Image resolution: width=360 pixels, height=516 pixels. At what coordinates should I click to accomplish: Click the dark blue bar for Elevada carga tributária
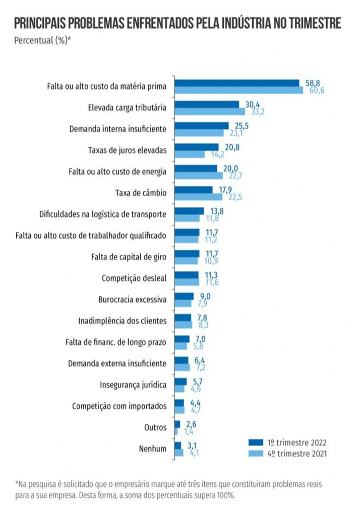coord(206,104)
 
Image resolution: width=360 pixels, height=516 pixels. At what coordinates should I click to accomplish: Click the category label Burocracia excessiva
coord(132,299)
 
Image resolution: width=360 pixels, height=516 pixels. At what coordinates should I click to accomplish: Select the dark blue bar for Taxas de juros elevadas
coord(196,147)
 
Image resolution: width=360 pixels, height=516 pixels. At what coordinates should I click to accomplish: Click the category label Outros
coord(155,427)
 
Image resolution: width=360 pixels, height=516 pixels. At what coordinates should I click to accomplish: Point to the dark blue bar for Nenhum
coord(177,445)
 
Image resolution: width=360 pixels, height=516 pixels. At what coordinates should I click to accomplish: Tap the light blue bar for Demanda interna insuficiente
coord(199,133)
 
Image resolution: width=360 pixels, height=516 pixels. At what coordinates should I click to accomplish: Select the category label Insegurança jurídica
coord(133,385)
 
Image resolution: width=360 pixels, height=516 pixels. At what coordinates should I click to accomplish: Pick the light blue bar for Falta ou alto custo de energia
coord(198,175)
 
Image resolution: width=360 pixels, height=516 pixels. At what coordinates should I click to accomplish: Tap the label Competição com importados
coord(119,406)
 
